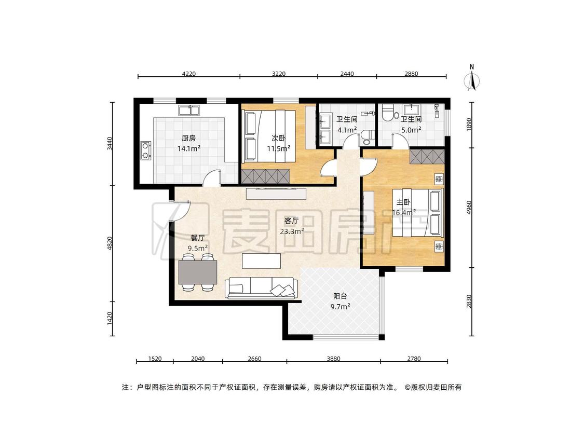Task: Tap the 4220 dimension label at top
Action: click(189, 74)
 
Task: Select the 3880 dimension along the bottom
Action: click(333, 359)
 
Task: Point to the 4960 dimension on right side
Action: click(469, 208)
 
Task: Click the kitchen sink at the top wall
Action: click(189, 110)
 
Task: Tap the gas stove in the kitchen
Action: click(146, 150)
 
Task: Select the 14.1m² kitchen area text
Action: click(189, 148)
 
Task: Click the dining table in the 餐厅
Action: click(198, 272)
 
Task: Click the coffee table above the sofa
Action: click(262, 261)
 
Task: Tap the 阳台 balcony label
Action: click(340, 296)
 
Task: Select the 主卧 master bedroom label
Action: click(403, 202)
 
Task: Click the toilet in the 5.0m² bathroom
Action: click(388, 112)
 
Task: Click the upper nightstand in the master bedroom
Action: click(440, 179)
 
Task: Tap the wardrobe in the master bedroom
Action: click(427, 157)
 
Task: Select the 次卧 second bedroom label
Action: click(279, 138)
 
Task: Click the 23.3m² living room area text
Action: click(292, 231)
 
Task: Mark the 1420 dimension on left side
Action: click(110, 319)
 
